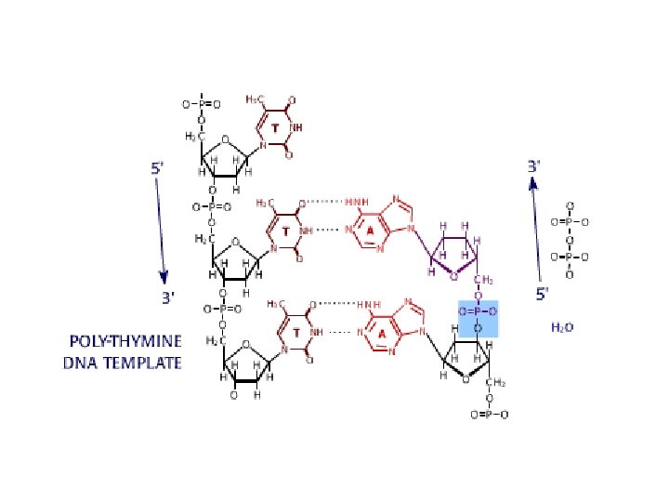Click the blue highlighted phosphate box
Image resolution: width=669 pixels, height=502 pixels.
click(479, 318)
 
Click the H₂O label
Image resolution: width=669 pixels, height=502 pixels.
click(563, 327)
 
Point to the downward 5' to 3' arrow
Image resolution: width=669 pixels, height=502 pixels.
click(161, 228)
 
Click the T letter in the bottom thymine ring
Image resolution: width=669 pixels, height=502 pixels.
click(295, 333)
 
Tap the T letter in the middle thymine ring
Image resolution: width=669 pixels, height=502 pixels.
click(286, 230)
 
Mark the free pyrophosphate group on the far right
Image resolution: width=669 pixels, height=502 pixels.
click(570, 240)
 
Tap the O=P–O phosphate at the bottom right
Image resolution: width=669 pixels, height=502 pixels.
click(490, 415)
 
